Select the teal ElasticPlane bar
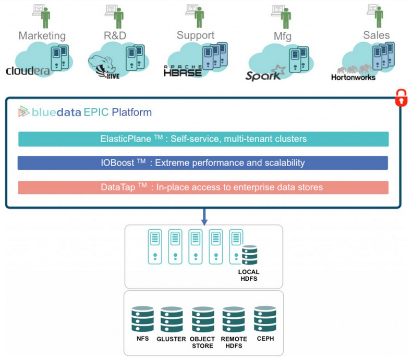203,139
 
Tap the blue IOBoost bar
203,163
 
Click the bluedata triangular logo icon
23,111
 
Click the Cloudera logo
28,71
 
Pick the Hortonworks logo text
353,77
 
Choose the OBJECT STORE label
202,342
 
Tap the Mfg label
283,37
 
